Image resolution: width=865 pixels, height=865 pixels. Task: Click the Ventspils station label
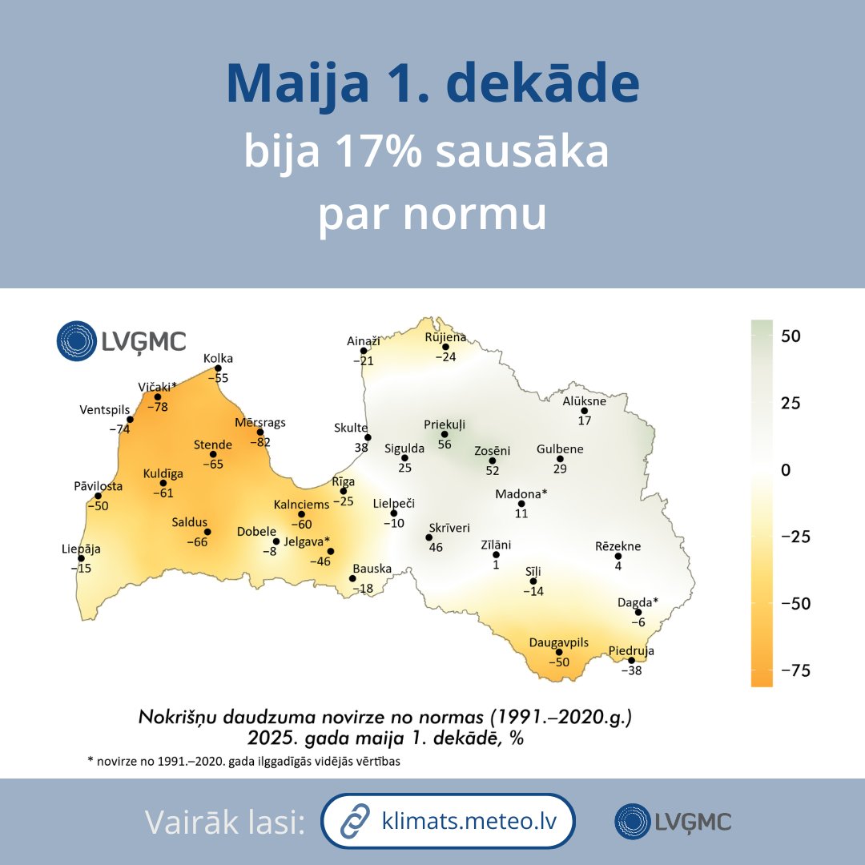click(x=104, y=410)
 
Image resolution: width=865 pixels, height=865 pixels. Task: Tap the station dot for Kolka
click(x=218, y=368)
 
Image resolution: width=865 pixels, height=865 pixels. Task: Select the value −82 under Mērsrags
click(x=259, y=441)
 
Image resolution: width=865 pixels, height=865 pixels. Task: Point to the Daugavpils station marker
click(x=559, y=652)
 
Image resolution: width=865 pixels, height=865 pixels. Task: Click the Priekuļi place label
click(x=445, y=424)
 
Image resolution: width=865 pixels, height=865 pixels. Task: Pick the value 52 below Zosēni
click(x=492, y=471)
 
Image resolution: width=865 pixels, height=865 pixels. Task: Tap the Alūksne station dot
click(x=585, y=411)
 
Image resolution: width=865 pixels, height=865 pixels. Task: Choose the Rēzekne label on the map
click(x=618, y=546)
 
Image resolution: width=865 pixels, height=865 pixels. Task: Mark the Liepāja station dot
click(x=81, y=558)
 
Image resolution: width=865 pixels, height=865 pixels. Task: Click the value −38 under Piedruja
click(x=631, y=670)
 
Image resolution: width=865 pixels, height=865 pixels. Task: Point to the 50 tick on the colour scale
click(x=791, y=336)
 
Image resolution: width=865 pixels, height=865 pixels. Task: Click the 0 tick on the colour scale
click(x=786, y=469)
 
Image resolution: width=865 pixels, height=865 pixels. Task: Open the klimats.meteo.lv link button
click(x=449, y=821)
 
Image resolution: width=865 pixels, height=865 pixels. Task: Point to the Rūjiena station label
click(x=445, y=337)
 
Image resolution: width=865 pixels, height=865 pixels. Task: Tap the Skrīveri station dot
click(x=428, y=537)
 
